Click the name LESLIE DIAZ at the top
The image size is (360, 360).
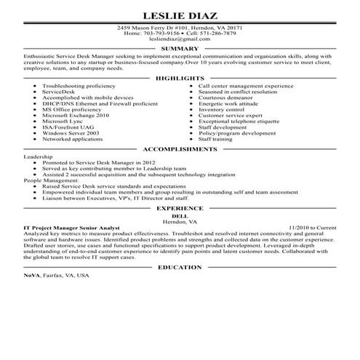pyautogui.click(x=179, y=15)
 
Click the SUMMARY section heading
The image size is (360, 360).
pyautogui.click(x=179, y=49)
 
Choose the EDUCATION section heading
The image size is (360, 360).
pyautogui.click(x=179, y=268)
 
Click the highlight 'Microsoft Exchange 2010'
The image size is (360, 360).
pyautogui.click(x=76, y=115)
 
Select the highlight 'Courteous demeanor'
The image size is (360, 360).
pyautogui.click(x=225, y=98)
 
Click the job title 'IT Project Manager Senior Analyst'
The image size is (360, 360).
pyautogui.click(x=71, y=228)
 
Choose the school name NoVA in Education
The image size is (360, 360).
pyautogui.click(x=32, y=276)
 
